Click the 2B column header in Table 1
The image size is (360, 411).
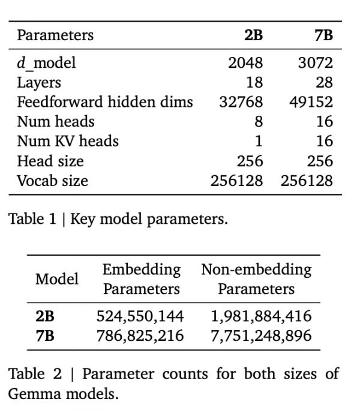pyautogui.click(x=253, y=35)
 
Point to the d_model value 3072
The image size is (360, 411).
pyautogui.click(x=315, y=62)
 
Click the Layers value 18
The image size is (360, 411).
pyautogui.click(x=254, y=82)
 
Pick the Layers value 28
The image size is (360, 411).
pyautogui.click(x=324, y=82)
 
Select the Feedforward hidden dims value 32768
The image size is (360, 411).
pyautogui.click(x=241, y=102)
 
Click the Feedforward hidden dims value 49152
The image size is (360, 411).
pyautogui.click(x=311, y=102)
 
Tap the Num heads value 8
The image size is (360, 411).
pyautogui.click(x=259, y=122)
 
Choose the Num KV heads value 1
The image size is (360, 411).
pyautogui.click(x=259, y=142)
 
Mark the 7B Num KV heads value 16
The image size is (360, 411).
pyautogui.click(x=324, y=142)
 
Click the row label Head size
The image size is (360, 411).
pyautogui.click(x=50, y=161)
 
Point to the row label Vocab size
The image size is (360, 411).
pyautogui.click(x=52, y=181)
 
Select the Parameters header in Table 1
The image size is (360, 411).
pyautogui.click(x=55, y=35)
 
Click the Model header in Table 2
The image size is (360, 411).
pyautogui.click(x=57, y=279)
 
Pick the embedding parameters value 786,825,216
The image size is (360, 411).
pyautogui.click(x=140, y=335)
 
